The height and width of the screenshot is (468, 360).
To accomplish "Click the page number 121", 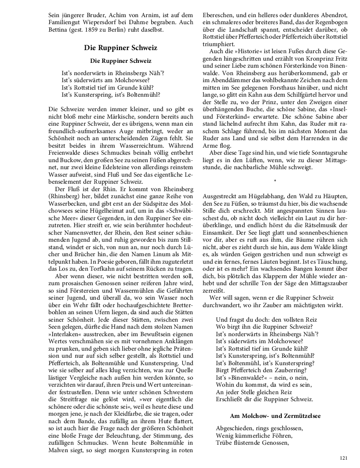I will pyautogui.click(x=343, y=458).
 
